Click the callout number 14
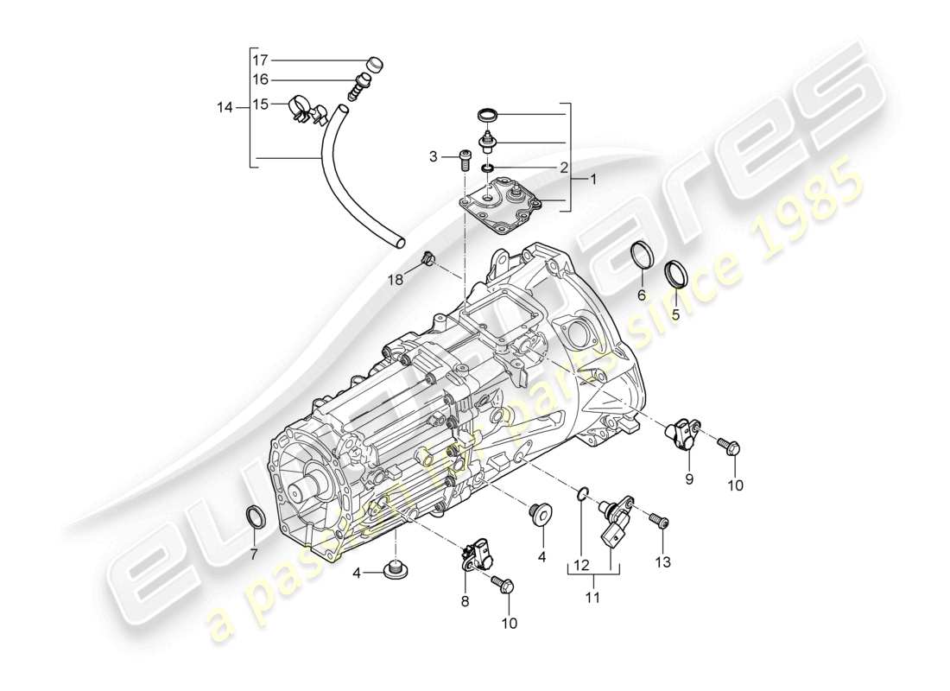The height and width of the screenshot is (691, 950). [225, 107]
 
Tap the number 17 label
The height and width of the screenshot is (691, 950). [260, 60]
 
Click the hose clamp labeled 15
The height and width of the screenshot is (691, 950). [304, 108]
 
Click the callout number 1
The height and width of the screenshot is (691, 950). [593, 180]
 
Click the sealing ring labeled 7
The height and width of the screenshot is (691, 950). [256, 517]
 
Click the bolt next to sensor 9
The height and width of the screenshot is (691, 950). [727, 446]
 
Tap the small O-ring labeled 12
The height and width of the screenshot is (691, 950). [583, 494]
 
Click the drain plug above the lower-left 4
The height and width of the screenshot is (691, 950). [396, 568]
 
